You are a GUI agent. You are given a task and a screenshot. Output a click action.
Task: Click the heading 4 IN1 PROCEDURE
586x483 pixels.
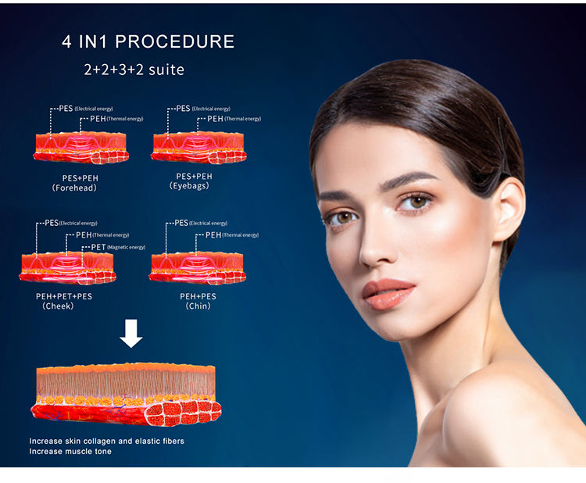click(148, 41)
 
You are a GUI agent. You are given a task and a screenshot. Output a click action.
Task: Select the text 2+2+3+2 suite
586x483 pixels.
click(134, 70)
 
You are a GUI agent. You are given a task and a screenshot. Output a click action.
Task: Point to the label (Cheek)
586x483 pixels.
click(58, 306)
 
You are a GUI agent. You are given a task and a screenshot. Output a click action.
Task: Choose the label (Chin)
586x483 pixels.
click(198, 306)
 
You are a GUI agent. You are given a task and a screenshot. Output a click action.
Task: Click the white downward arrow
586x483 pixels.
click(131, 334)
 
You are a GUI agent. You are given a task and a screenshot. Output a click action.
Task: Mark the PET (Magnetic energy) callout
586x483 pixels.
click(118, 247)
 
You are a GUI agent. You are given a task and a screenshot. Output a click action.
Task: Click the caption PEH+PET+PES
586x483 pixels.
click(59, 296)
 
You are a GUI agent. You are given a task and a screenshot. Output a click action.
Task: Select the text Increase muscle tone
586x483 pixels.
click(70, 452)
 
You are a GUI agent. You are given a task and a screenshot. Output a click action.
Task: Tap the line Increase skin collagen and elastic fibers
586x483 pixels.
click(107, 441)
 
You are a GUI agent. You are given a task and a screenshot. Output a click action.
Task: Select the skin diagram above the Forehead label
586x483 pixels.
click(80, 147)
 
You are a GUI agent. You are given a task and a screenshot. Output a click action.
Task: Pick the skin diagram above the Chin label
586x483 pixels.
click(198, 266)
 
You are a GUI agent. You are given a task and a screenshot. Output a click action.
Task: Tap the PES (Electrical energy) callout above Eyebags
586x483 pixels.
click(202, 109)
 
